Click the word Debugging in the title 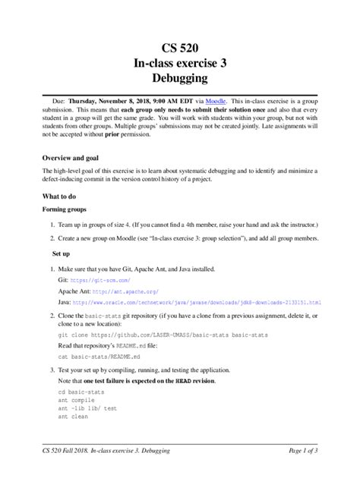click(x=180, y=77)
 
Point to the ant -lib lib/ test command click(x=87, y=408)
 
